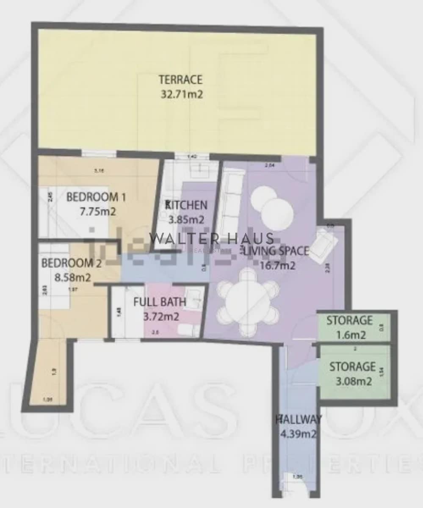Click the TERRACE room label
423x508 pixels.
pos(180,79)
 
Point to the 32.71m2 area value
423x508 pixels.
pos(182,94)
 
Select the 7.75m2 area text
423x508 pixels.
pos(97,212)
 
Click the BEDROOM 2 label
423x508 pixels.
pos(71,263)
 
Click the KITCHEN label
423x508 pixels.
pos(186,205)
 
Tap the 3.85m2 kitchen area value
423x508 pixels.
pos(186,220)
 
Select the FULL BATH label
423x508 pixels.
pos(159,302)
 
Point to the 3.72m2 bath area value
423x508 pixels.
pos(161,316)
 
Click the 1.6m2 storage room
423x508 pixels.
pos(349,327)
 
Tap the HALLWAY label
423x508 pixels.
pos(299,420)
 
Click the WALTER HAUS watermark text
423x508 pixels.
pos(211,239)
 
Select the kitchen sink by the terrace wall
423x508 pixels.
pos(197,170)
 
